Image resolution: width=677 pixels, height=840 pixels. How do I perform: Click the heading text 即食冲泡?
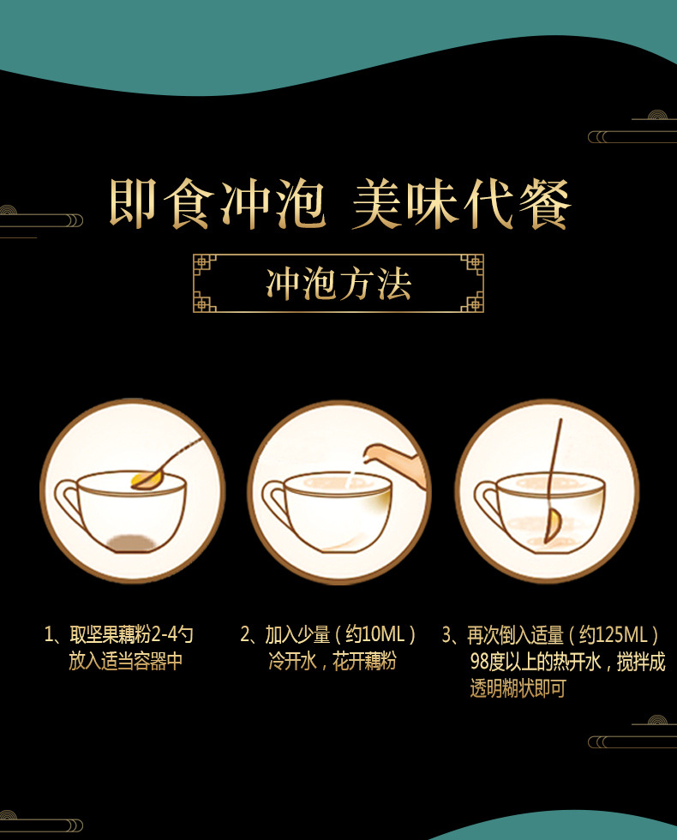217,204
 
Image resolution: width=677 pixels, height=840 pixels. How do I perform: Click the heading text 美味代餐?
462,204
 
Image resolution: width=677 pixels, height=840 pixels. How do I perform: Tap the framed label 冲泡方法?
338,284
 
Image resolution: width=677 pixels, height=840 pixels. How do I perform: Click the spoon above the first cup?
166,465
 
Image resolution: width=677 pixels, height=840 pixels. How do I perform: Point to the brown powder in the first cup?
130,543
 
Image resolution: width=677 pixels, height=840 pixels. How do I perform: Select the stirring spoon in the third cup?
554,481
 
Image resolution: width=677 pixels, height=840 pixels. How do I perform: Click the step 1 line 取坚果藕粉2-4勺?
118,635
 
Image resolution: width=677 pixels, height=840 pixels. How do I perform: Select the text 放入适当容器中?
126,661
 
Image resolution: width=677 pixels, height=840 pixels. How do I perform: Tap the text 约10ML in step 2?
375,635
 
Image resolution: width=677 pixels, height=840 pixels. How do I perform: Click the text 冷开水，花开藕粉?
333,662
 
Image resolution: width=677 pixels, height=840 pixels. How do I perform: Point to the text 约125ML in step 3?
614,635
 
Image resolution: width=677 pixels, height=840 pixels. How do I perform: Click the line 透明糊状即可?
518,688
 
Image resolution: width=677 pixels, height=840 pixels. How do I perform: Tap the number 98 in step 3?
479,662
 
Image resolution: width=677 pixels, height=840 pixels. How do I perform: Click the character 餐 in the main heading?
545,204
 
